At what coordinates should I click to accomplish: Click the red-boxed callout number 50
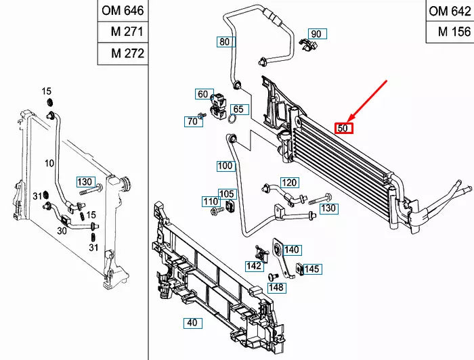344,127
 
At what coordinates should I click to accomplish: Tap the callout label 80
225,42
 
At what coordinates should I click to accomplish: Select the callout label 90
316,34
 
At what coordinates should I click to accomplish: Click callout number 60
202,94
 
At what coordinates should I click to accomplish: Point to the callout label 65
238,109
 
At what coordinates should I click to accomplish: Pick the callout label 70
192,122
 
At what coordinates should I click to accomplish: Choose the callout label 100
225,166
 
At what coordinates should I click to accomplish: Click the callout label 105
226,194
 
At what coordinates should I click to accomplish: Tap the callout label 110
211,202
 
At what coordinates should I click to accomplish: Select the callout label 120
290,183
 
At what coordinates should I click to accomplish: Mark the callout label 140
292,250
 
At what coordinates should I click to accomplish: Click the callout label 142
254,266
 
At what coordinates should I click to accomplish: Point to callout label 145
311,269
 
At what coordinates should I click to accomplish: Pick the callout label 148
276,288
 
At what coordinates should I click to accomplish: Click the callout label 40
192,323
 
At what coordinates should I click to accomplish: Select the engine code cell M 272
123,53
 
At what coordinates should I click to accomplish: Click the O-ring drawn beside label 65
232,120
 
